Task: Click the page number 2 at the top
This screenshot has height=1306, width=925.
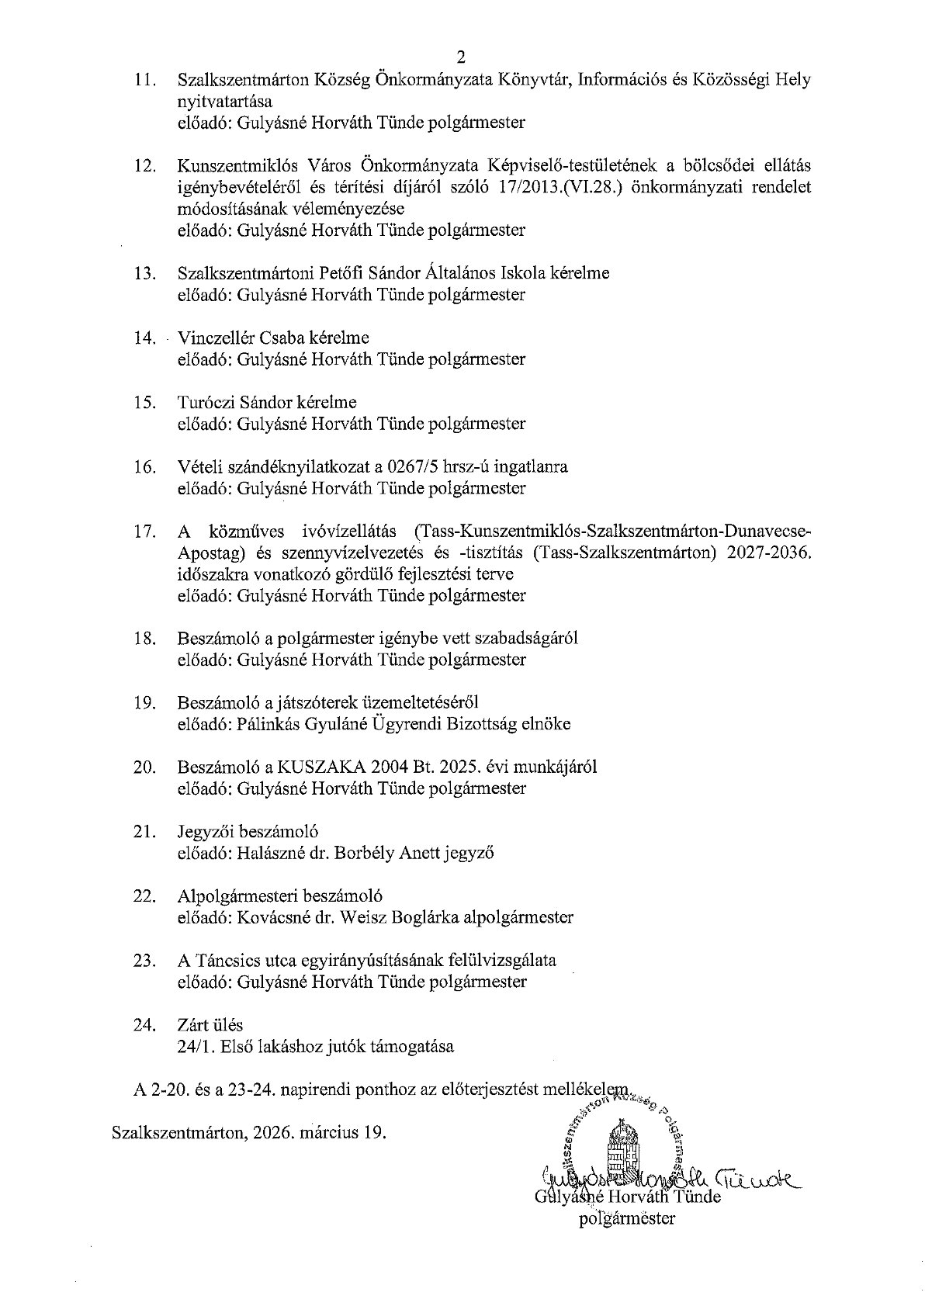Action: click(462, 57)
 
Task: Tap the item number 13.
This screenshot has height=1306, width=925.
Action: click(146, 273)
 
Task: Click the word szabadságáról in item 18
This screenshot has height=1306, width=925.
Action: click(529, 638)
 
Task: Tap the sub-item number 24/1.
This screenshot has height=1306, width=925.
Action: click(193, 1046)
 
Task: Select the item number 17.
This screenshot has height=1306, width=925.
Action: click(146, 531)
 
